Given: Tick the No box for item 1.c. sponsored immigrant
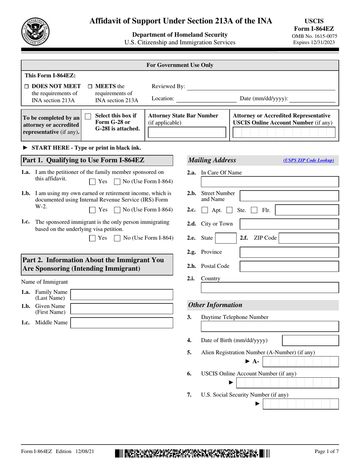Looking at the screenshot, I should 117,238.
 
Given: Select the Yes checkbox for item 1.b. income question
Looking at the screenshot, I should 92,210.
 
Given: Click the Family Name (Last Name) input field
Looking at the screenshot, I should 116,295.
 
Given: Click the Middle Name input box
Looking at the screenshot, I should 116,323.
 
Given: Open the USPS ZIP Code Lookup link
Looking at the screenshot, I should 308,160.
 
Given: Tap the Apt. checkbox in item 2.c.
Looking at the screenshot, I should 205,210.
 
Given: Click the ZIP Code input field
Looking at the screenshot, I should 308,238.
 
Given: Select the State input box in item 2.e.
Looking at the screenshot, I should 225,238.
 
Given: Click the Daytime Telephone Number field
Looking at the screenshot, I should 269,327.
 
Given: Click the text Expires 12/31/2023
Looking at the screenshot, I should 314,42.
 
